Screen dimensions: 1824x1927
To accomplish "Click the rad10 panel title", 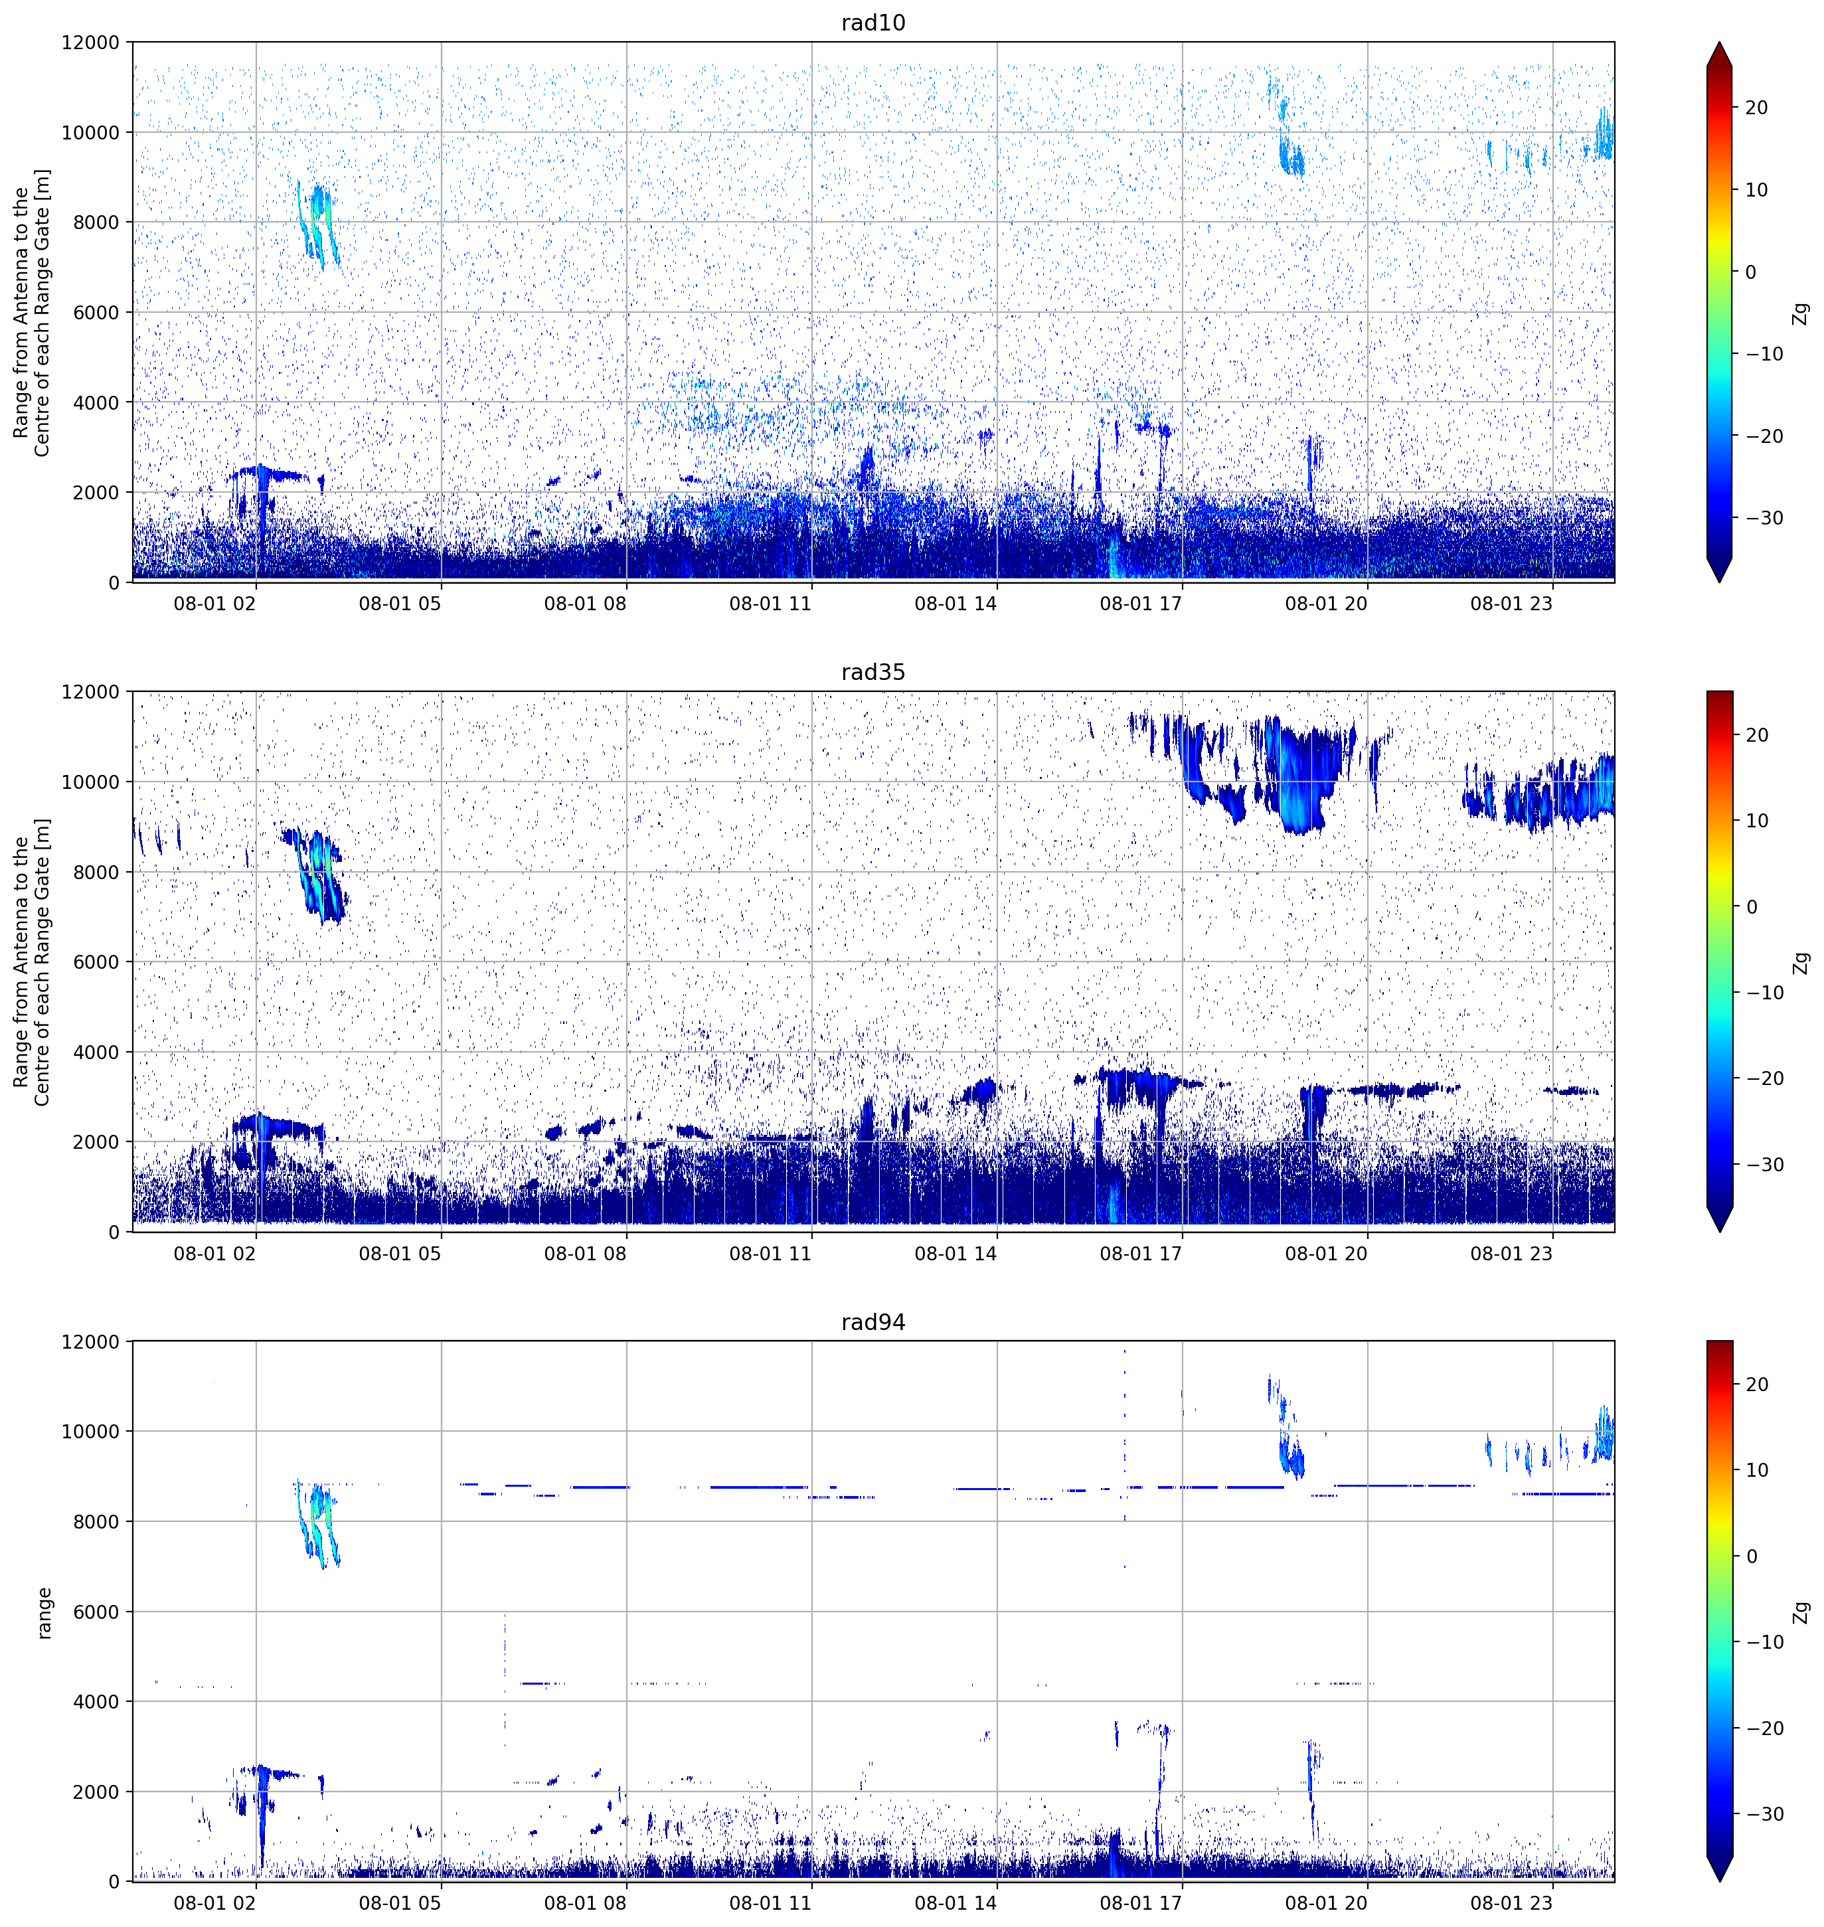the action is (873, 23).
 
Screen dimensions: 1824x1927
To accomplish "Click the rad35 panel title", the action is (873, 672).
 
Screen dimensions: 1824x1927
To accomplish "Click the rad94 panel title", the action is (873, 1321).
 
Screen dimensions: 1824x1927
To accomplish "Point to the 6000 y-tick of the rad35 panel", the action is (96, 962).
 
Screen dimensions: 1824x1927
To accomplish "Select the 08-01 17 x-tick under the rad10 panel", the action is (1141, 603).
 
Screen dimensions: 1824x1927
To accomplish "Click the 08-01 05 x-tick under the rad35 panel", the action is (400, 1253).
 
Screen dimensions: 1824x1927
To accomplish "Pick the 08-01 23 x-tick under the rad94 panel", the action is (1511, 1902).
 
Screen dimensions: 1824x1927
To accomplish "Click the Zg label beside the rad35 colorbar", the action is (1801, 963).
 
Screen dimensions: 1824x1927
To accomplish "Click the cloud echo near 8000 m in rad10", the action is (318, 222).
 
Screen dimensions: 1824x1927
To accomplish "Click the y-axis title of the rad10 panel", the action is (32, 312).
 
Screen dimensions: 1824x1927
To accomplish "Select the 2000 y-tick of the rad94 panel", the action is (96, 1792).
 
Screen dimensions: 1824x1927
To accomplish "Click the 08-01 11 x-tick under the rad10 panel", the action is (770, 603).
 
